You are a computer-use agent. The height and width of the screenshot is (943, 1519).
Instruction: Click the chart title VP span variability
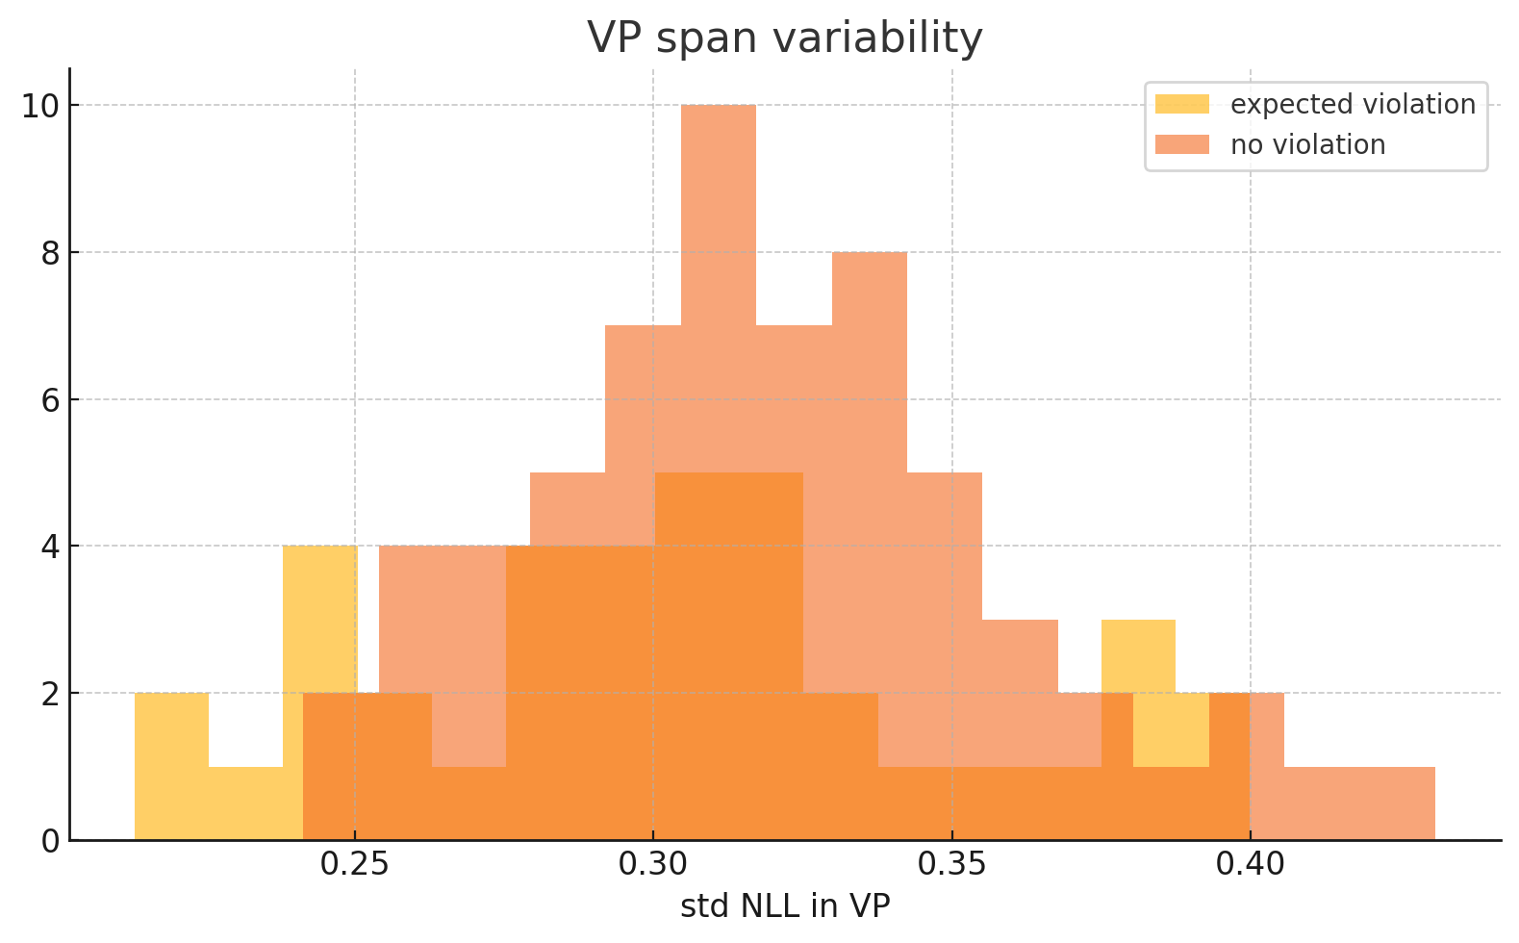coord(784,38)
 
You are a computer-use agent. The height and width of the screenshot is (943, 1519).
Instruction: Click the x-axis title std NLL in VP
coord(784,906)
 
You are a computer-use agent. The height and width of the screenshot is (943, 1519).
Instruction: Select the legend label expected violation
coord(1352,104)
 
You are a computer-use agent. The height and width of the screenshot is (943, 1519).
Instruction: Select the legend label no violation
coord(1307,145)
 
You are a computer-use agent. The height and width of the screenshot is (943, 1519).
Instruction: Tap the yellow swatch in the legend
coord(1181,104)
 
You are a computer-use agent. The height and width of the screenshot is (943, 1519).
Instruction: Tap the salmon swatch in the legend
coord(1181,145)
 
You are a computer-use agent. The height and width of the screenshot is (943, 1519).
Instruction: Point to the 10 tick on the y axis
coord(39,106)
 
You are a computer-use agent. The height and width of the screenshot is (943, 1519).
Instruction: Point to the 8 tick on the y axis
coord(48,253)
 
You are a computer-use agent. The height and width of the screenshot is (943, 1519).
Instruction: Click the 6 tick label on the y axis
coord(48,399)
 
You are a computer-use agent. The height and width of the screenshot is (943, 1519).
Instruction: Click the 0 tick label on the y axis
coord(48,841)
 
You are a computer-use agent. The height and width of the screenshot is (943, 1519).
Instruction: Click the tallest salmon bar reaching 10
coord(719,289)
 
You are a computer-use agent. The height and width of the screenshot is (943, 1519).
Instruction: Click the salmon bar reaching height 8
coord(870,385)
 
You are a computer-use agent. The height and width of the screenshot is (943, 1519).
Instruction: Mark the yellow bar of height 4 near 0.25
coord(319,616)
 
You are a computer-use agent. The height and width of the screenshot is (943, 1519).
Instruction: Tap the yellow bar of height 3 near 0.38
coord(1138,654)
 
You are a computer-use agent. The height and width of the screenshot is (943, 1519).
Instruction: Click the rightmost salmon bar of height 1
coord(1397,803)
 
